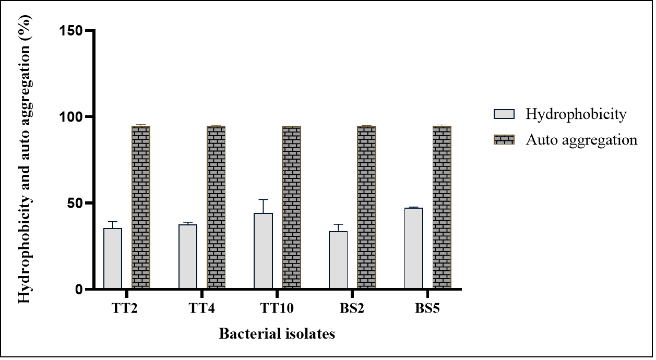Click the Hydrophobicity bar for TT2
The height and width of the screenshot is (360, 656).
click(113, 258)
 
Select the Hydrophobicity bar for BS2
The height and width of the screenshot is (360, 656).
click(338, 260)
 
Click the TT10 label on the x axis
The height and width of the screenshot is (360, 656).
click(277, 308)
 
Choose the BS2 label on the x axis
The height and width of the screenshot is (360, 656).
click(352, 308)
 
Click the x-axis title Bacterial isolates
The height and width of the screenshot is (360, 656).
click(277, 333)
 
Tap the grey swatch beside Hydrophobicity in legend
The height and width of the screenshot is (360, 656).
click(504, 114)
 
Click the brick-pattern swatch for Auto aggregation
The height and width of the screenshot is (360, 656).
click(504, 140)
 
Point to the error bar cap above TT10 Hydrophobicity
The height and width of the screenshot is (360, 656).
click(263, 199)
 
